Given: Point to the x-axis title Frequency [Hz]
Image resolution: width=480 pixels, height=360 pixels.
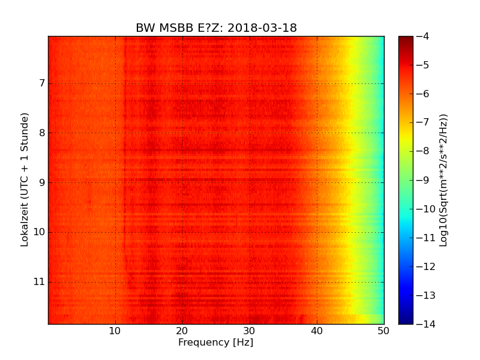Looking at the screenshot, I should (215, 343).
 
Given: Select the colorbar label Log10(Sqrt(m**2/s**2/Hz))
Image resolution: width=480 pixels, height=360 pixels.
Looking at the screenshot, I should (443, 180).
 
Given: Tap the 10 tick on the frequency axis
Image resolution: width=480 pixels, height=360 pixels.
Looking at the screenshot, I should (115, 331).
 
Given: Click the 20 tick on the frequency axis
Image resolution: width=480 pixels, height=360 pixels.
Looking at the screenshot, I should (182, 331).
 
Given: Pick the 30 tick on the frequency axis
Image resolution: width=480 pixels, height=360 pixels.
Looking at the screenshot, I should (250, 331).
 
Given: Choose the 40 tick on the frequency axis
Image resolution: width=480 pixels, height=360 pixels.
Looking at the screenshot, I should (317, 331).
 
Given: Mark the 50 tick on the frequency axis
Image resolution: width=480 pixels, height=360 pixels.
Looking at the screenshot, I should (383, 331).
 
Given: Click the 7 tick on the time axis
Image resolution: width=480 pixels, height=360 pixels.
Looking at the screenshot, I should (41, 83).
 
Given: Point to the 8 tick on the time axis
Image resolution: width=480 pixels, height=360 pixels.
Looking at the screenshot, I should (41, 133).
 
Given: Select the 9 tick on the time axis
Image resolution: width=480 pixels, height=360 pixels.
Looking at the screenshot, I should (41, 182).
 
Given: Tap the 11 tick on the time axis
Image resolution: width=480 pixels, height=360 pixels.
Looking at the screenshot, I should (39, 282).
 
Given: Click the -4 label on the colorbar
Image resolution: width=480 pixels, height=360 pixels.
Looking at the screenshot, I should (422, 37).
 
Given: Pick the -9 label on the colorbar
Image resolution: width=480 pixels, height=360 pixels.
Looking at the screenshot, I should (422, 180).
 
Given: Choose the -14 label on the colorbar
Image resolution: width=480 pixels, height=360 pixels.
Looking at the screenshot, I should (424, 324).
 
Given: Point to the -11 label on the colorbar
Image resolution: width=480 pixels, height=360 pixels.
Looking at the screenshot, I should (424, 238).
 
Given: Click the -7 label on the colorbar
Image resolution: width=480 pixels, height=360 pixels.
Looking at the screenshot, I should (422, 122).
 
